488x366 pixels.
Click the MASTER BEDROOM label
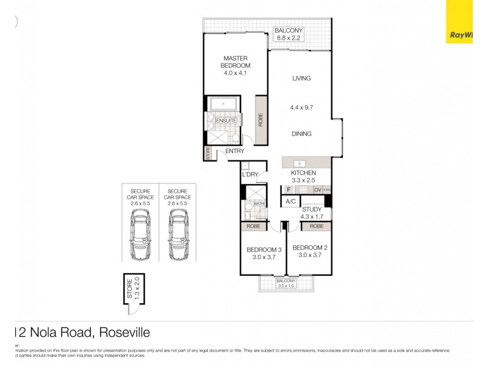point(235,62)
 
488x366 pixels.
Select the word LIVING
point(301,78)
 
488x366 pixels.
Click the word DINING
point(301,134)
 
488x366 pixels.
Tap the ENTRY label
point(235,151)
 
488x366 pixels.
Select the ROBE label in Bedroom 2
point(316,226)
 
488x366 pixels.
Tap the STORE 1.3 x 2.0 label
point(134,289)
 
